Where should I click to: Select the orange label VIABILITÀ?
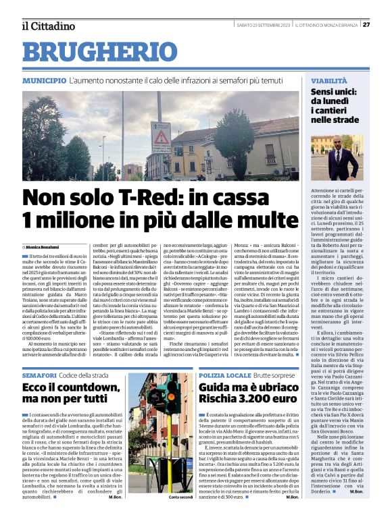pos(329,80)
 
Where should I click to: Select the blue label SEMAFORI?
pos(39,375)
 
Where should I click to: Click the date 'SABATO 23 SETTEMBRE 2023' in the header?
pos(264,26)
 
